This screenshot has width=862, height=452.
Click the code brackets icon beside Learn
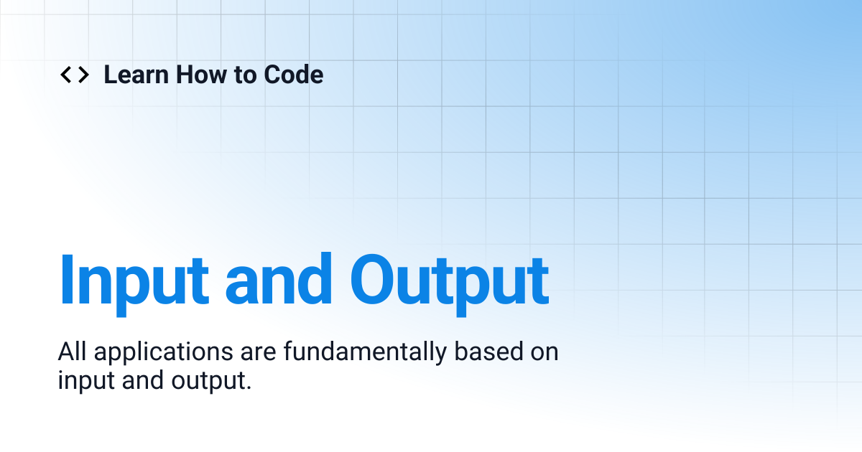(x=74, y=75)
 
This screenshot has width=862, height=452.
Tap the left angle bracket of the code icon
(x=65, y=75)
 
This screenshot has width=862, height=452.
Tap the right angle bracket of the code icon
(x=83, y=75)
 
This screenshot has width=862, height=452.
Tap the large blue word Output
(x=450, y=280)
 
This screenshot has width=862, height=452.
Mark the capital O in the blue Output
(x=378, y=280)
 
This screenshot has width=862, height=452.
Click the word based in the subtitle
(x=483, y=352)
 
